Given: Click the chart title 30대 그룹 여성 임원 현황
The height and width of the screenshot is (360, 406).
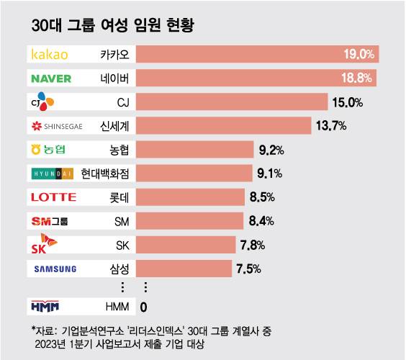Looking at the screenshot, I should pyautogui.click(x=115, y=27).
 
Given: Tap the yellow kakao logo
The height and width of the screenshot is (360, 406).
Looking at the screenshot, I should pyautogui.click(x=50, y=55).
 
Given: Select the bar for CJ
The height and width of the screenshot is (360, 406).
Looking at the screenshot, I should pyautogui.click(x=231, y=102).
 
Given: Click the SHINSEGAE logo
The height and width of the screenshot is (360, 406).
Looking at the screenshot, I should pyautogui.click(x=58, y=126).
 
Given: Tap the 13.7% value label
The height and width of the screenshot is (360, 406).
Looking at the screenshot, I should pyautogui.click(x=331, y=126).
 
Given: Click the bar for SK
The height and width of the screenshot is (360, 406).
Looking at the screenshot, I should pyautogui.click(x=186, y=245).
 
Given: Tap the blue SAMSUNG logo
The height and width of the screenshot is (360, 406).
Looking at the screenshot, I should pyautogui.click(x=55, y=269).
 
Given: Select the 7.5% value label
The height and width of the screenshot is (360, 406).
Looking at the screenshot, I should pyautogui.click(x=249, y=269).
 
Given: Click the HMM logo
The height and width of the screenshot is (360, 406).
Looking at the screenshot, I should pyautogui.click(x=50, y=307).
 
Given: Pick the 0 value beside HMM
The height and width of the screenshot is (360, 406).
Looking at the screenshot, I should pyautogui.click(x=143, y=307).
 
